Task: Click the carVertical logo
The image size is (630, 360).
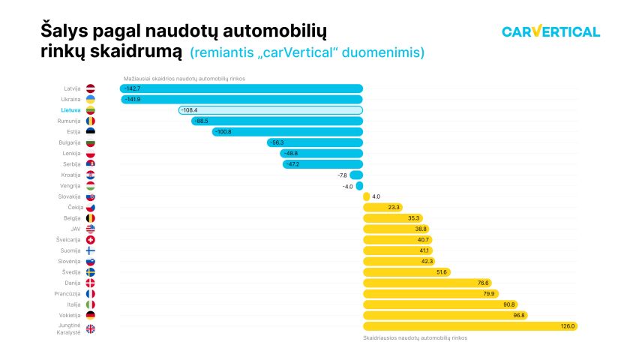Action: [550, 31]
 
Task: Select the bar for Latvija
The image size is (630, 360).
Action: [241, 88]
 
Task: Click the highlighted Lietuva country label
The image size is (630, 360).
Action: [70, 110]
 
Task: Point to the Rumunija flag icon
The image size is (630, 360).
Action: [90, 121]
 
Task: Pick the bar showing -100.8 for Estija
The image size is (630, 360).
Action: [287, 132]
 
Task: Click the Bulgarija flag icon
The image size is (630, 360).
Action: [90, 142]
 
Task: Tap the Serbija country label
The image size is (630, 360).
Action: [71, 163]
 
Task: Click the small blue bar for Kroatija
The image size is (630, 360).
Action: [356, 175]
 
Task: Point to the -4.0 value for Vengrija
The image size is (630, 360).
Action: [347, 186]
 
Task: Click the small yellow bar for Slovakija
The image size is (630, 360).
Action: [366, 196]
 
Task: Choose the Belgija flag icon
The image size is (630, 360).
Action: [90, 218]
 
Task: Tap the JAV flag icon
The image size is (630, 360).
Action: [90, 229]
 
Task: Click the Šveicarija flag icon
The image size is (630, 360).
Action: [90, 240]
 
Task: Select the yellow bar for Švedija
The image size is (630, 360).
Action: [406, 272]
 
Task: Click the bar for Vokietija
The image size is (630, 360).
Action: [445, 316]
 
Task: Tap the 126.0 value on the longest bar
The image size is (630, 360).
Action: [567, 326]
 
